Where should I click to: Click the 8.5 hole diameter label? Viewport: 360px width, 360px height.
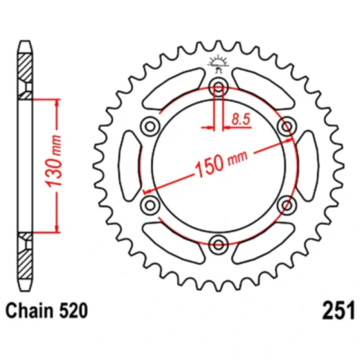pos(240,120)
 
